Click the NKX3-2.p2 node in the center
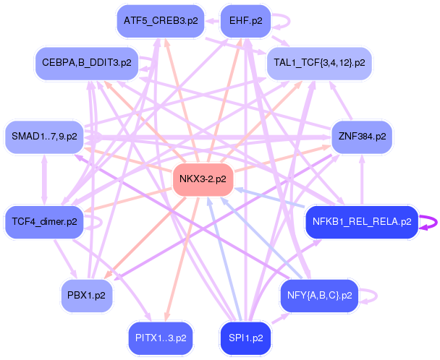click(203, 180)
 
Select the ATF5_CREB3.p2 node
click(161, 21)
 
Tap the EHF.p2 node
click(246, 21)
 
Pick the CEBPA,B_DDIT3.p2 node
click(87, 63)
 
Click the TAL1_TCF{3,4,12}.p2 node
click(319, 63)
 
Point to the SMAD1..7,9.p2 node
click(44, 137)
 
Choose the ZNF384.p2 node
click(362, 137)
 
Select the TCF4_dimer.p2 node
click(44, 223)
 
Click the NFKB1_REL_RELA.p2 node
click(362, 223)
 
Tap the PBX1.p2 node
click(87, 296)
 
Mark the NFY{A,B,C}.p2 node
click(319, 296)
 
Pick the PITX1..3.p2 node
click(161, 339)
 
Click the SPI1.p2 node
click(246, 339)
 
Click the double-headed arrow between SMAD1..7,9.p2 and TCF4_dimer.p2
click(44, 180)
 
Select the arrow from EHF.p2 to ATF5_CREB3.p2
click(213, 21)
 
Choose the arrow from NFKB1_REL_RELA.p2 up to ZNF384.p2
click(362, 180)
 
